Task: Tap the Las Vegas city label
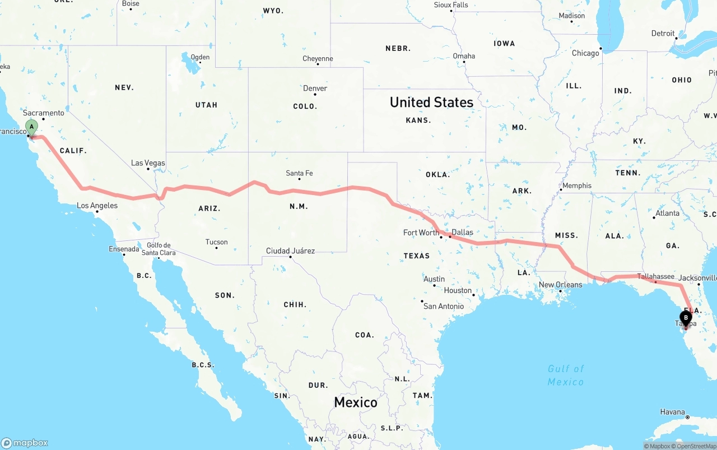tap(148, 163)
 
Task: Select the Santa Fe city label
tap(299, 173)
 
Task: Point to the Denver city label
tap(315, 89)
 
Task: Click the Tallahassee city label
tap(655, 276)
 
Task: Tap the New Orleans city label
tap(560, 285)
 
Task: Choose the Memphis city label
tap(576, 185)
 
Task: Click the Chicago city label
tap(585, 53)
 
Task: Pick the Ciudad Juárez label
tap(290, 250)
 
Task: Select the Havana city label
tap(672, 412)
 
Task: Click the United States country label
tap(431, 102)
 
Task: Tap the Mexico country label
tap(356, 402)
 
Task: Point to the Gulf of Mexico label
tap(566, 375)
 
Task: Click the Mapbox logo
tap(25, 443)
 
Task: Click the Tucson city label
tap(216, 242)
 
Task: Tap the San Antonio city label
tap(443, 306)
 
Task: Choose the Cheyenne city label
tap(318, 58)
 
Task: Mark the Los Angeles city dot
tap(97, 211)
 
